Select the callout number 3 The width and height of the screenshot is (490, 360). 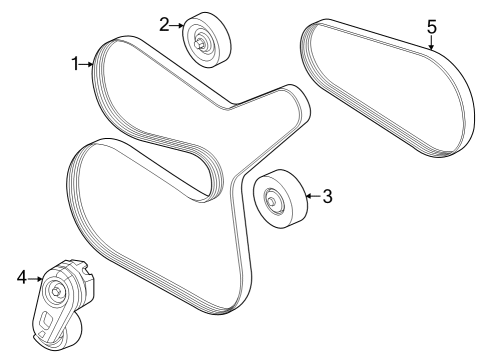327,195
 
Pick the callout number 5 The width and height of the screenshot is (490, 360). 432,26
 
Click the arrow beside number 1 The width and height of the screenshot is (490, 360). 88,64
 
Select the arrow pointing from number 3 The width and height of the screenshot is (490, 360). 311,195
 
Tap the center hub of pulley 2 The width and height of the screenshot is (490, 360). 203,42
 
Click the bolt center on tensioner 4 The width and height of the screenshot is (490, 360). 57,291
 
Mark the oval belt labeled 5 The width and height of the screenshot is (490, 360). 388,90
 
